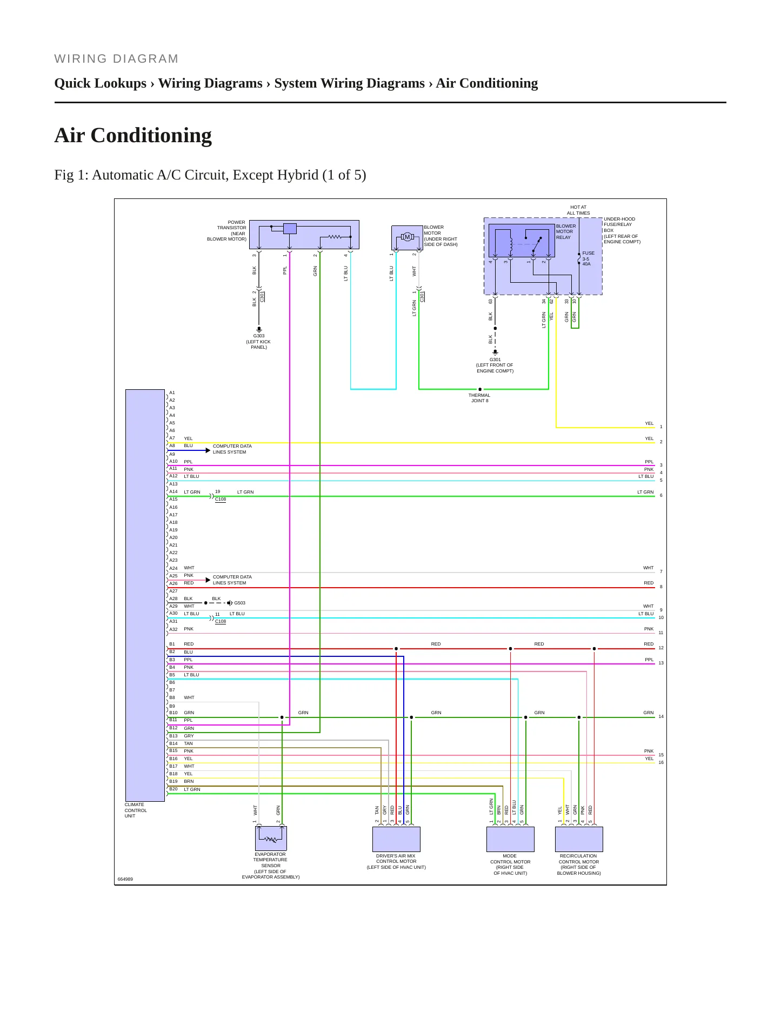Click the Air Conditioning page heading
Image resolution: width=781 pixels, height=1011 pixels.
coord(133,135)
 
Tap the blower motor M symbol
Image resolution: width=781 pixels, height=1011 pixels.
coord(407,237)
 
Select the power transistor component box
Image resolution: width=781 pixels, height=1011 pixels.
coord(304,235)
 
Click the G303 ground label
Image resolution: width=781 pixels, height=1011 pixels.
coord(259,336)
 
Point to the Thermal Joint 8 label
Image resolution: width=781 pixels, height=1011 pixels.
coord(479,398)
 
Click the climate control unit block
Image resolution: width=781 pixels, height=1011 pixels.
coord(145,595)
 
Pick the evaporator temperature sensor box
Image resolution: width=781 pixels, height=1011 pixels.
coord(271,838)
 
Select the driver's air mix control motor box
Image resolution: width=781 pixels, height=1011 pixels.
coord(396,839)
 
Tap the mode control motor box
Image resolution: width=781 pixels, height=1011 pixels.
coord(510,839)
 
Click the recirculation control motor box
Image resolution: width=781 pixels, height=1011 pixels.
coord(579,839)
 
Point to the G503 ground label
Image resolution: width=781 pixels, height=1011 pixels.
coord(239,603)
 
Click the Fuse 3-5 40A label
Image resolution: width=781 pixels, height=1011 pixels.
coord(588,258)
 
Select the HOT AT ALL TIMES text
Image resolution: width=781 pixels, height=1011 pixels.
coord(578,210)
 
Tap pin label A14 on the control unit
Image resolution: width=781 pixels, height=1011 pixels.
coord(173,491)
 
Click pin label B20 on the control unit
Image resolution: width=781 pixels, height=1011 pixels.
coord(173,789)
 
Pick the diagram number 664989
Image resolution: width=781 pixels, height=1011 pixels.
coord(125,879)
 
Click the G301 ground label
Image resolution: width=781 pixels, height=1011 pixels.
coord(495,360)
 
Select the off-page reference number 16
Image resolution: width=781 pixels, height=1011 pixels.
coord(661,762)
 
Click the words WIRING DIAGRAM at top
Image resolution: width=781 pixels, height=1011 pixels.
coord(116,59)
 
